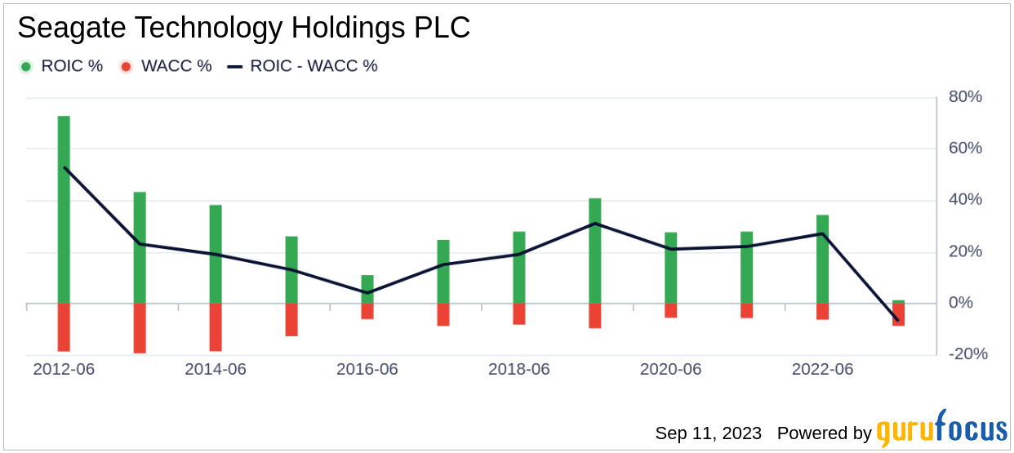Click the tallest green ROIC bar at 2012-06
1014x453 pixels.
pyautogui.click(x=64, y=209)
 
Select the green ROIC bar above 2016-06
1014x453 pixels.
pyautogui.click(x=367, y=289)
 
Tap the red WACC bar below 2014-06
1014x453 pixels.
pyautogui.click(x=216, y=326)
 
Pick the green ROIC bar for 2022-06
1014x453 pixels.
pyautogui.click(x=822, y=259)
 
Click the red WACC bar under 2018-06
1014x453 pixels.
pyautogui.click(x=519, y=313)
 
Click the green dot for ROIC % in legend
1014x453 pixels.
pyautogui.click(x=26, y=66)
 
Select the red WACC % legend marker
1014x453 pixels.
pyautogui.click(x=126, y=66)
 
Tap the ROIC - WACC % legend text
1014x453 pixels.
pyautogui.click(x=314, y=66)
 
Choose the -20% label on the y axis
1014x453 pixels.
pyautogui.click(x=967, y=354)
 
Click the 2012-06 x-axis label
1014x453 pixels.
pyautogui.click(x=64, y=369)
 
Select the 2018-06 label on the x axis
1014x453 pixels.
pyautogui.click(x=519, y=369)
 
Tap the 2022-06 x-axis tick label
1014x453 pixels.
pyautogui.click(x=822, y=369)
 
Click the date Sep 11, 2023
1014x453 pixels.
pyautogui.click(x=708, y=433)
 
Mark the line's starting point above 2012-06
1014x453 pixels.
pyautogui.click(x=64, y=167)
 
